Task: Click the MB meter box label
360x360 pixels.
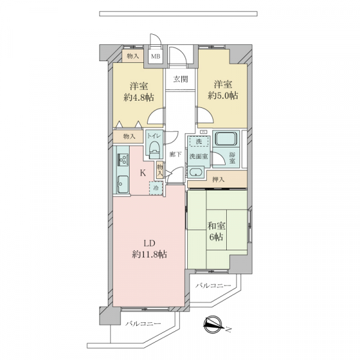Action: click(x=155, y=56)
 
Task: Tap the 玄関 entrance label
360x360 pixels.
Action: click(x=181, y=79)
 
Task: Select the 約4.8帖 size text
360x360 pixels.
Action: click(x=139, y=98)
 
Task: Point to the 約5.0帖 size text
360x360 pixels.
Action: click(x=223, y=95)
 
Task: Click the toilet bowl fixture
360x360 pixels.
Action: click(x=154, y=151)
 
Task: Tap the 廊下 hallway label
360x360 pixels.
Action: click(x=176, y=155)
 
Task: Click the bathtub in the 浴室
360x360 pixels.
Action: click(x=226, y=139)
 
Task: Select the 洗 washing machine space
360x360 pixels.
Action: click(x=199, y=142)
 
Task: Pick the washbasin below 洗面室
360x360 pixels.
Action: click(x=196, y=172)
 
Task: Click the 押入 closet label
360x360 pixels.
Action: click(x=218, y=179)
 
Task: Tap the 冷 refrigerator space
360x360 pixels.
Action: click(x=156, y=188)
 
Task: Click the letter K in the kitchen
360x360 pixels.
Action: click(x=143, y=173)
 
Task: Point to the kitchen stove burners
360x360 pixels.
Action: click(x=122, y=160)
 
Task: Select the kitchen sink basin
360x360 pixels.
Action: click(x=123, y=184)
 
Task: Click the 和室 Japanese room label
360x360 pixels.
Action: click(x=216, y=226)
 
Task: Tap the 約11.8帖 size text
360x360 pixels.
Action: click(x=149, y=254)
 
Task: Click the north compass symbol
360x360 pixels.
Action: click(x=213, y=325)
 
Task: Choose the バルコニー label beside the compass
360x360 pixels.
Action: click(x=213, y=286)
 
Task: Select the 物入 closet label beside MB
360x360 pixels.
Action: click(x=133, y=56)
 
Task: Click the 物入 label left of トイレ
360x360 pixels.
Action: click(x=129, y=137)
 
